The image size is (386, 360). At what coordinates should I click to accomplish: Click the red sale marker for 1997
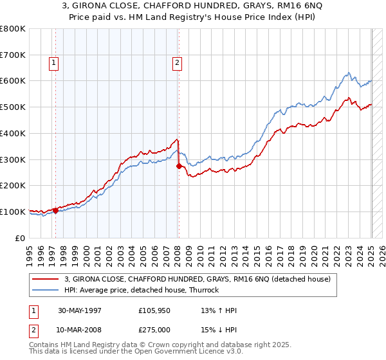point(56,210)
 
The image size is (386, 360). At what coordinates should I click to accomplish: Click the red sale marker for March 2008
point(179,166)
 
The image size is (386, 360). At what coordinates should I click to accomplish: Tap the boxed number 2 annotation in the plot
point(176,62)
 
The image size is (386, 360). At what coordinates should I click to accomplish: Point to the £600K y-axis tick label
point(14,81)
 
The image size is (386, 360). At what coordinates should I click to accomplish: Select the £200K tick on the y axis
point(14,185)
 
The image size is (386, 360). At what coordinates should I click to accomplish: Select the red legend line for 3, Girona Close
point(46,279)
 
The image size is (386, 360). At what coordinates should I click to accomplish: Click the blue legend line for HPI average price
point(46,290)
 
